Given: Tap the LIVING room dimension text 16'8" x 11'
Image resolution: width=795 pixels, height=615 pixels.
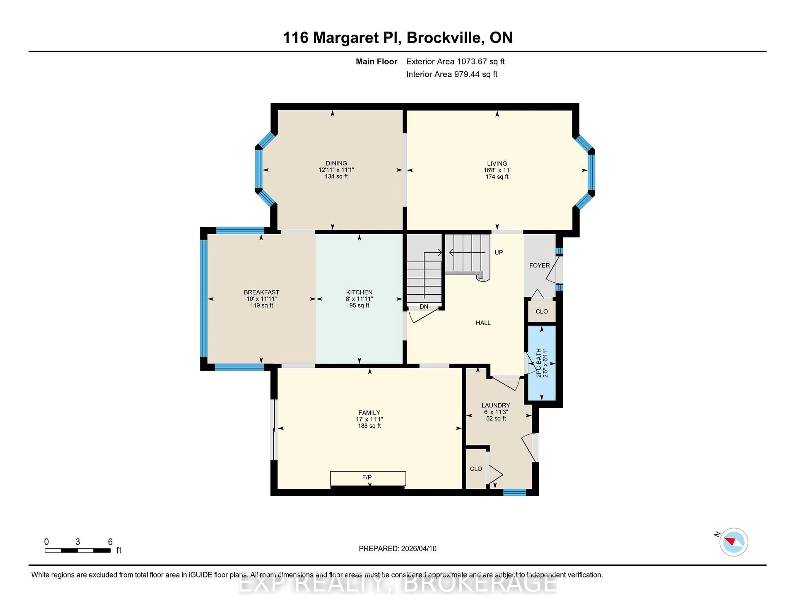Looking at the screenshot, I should point(497,170).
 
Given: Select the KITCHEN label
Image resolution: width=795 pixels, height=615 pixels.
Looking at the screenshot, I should point(359,292).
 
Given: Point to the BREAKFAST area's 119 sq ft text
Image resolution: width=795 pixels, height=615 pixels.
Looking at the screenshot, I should point(261,305).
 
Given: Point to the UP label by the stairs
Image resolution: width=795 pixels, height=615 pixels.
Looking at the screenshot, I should point(498,252).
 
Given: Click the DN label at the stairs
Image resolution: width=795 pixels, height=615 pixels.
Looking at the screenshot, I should point(424,306).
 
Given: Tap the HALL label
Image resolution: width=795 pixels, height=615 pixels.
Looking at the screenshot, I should point(483,323).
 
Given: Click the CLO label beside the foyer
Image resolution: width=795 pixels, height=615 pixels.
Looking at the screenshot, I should point(541,311).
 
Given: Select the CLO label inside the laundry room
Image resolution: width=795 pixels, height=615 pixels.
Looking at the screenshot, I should point(476,469).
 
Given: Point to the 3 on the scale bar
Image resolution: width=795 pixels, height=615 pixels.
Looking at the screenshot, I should point(78,542).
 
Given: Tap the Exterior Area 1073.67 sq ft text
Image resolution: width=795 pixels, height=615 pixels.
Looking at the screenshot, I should point(455,62).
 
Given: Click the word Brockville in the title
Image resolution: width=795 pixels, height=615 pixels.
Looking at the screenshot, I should point(445,38).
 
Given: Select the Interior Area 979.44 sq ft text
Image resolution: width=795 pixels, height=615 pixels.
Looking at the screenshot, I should point(451,74).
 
